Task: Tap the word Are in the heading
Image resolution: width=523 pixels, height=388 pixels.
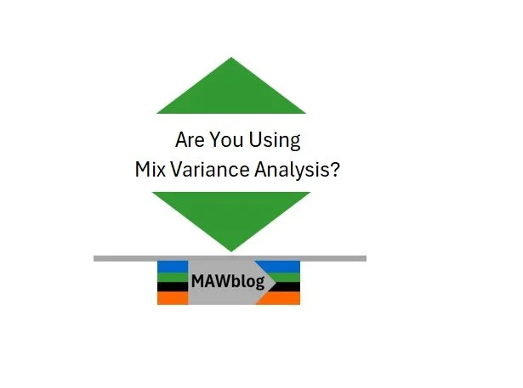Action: [x=190, y=140]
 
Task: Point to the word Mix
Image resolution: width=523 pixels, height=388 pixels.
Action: [x=150, y=169]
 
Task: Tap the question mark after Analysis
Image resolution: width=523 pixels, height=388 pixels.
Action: [x=336, y=169]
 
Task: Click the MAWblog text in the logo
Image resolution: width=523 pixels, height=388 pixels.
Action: [x=228, y=281]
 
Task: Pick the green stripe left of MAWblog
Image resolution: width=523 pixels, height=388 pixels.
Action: [x=171, y=277]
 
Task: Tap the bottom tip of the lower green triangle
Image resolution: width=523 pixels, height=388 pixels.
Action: [x=231, y=249]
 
